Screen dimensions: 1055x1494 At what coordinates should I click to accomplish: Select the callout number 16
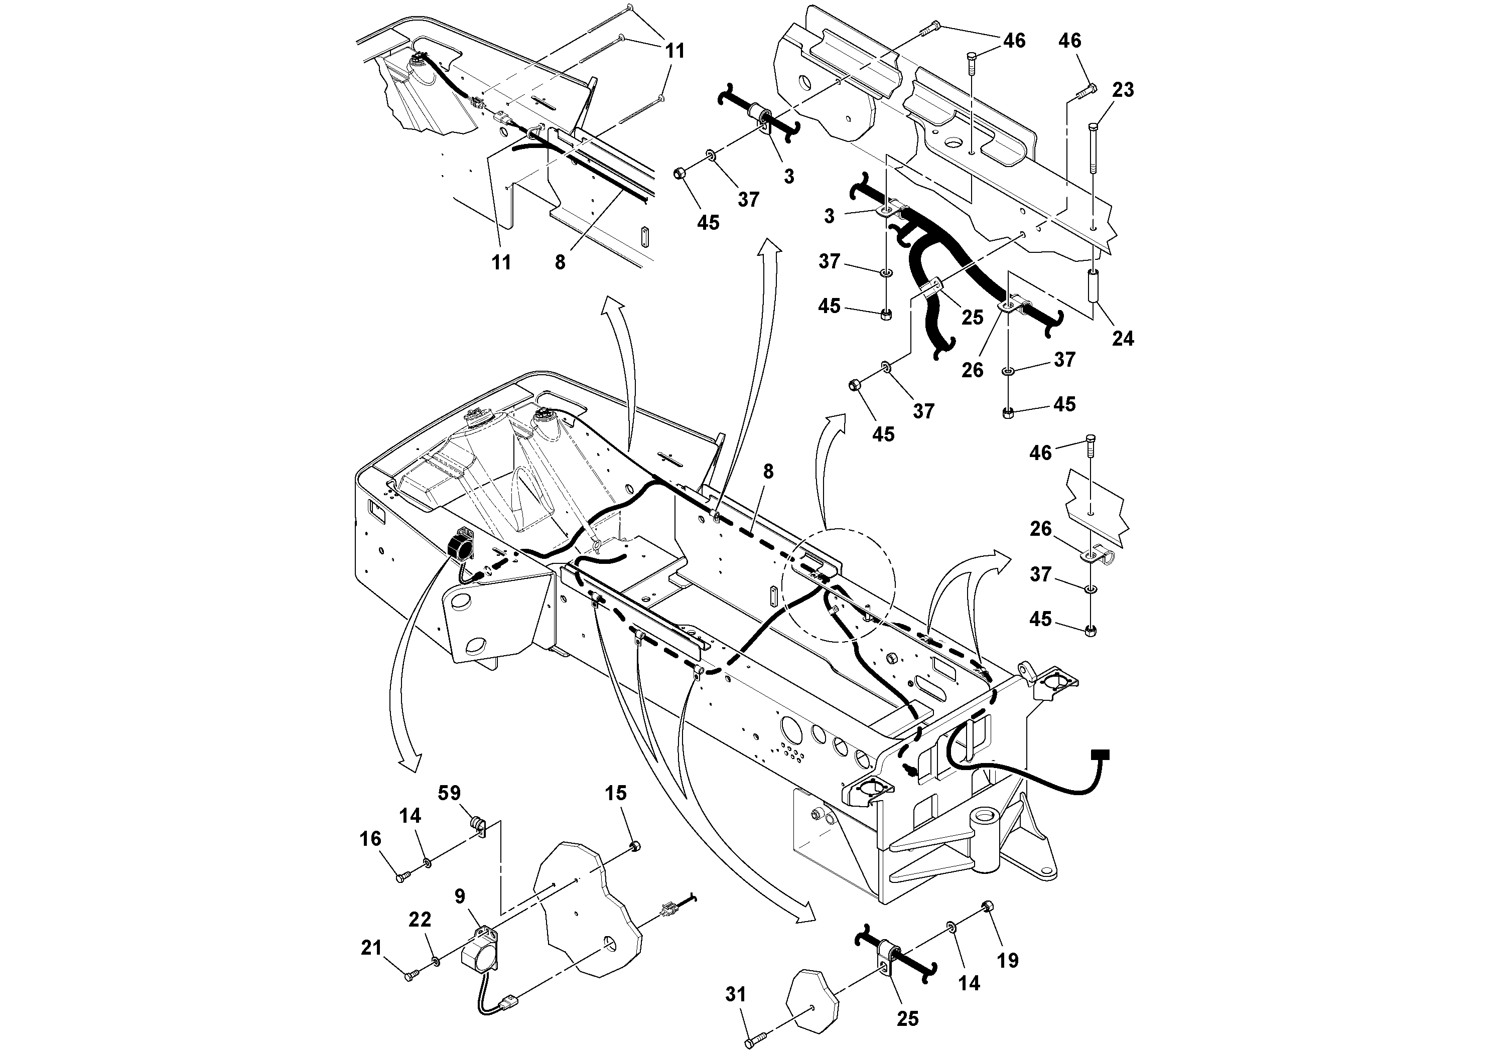[370, 839]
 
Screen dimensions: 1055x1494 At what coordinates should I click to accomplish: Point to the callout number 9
[460, 897]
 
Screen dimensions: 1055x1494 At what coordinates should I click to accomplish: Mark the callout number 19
[1008, 960]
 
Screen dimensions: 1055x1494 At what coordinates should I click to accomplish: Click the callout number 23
[1123, 90]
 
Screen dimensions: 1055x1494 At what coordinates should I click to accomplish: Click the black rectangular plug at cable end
[1100, 755]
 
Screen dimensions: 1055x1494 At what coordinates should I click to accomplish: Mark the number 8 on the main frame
[768, 472]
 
